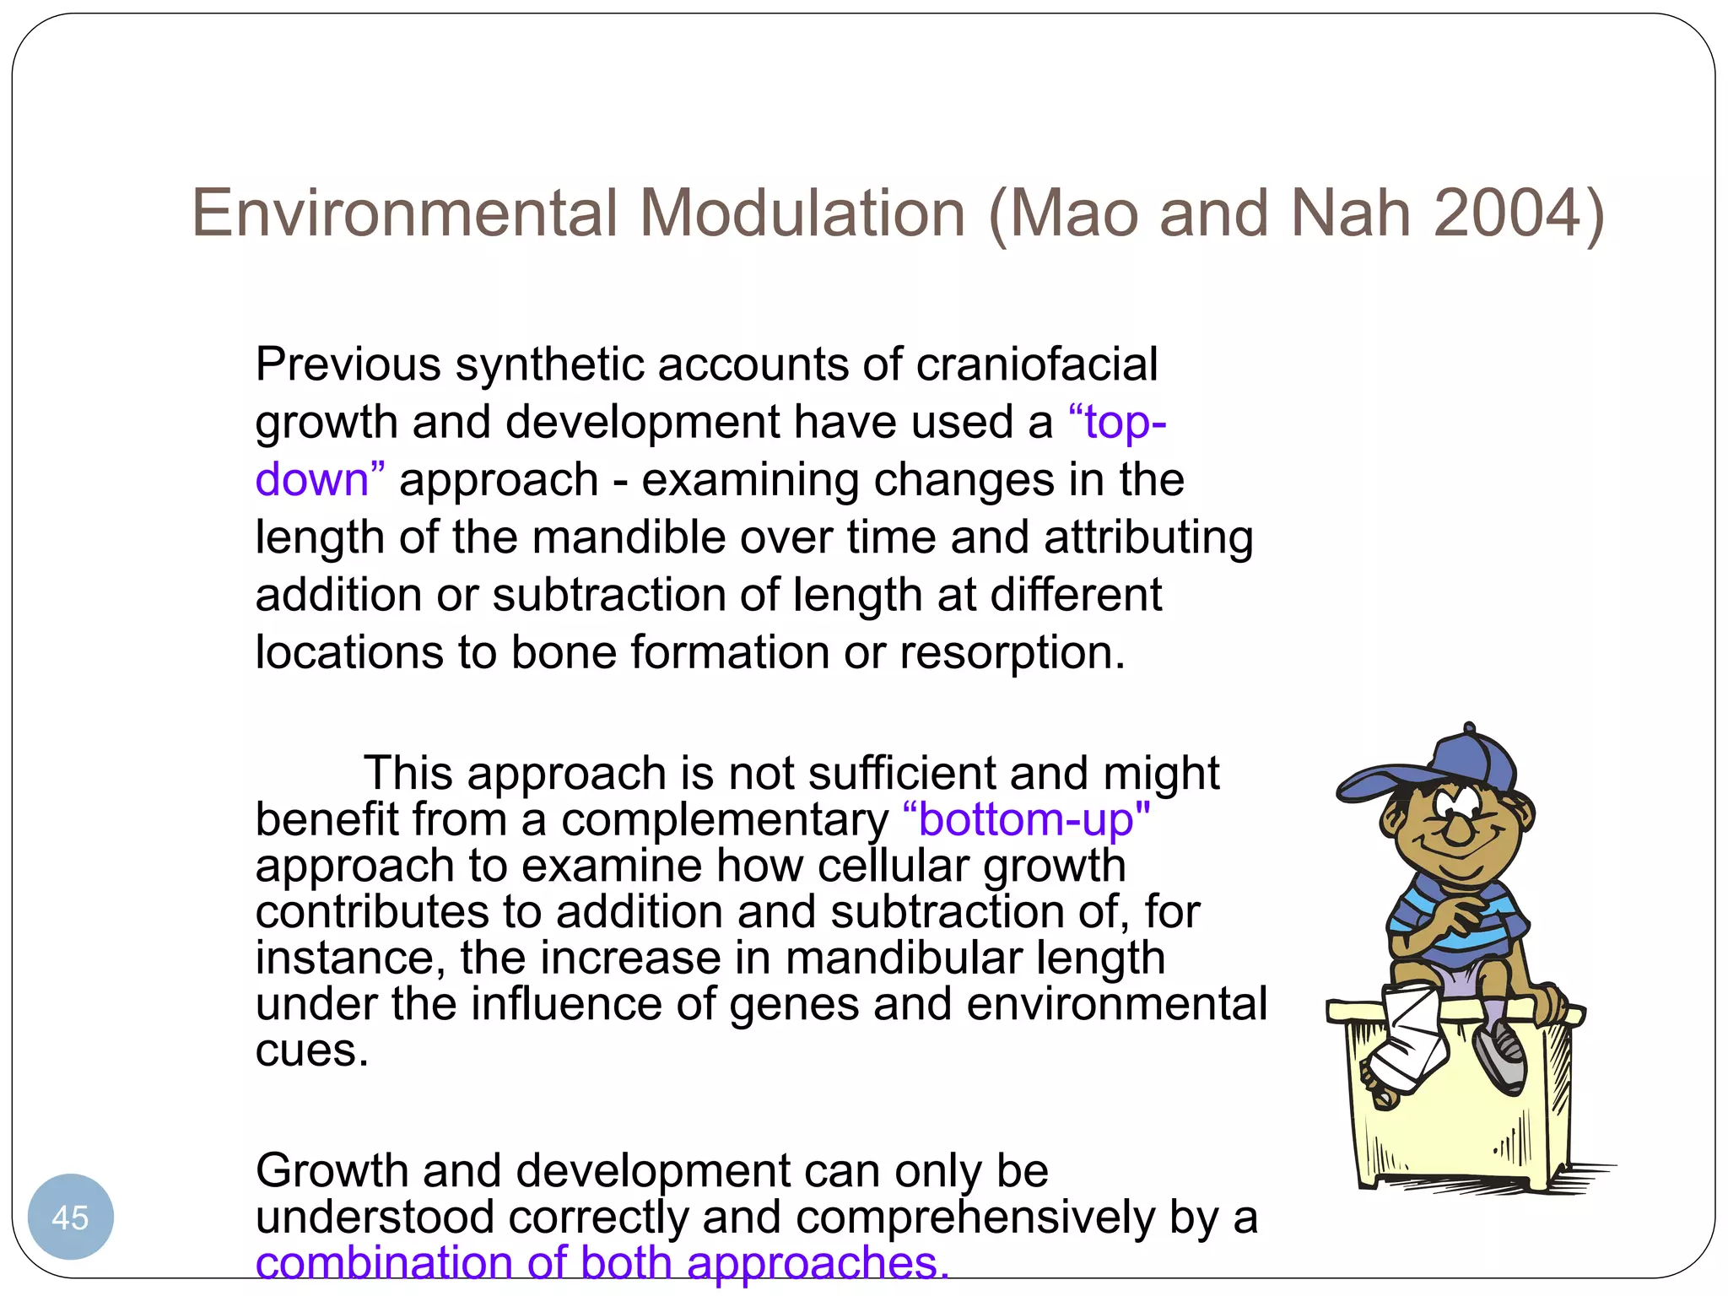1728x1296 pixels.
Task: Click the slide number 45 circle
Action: point(70,1217)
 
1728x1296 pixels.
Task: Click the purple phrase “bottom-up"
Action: point(1025,819)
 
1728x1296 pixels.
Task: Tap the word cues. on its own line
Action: point(311,1050)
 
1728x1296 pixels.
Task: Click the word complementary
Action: point(724,819)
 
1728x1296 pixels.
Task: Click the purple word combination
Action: point(384,1263)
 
